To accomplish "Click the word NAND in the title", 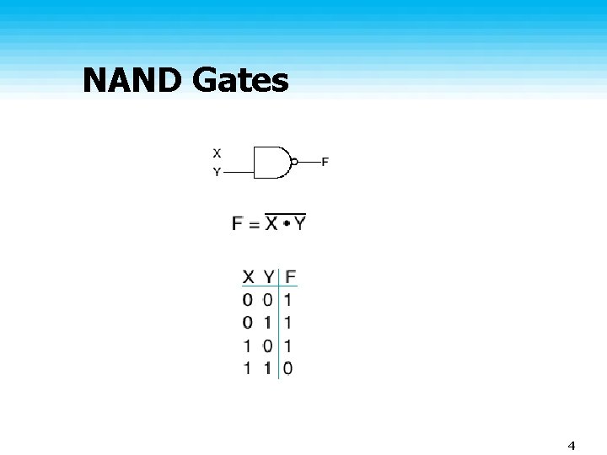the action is pyautogui.click(x=132, y=80).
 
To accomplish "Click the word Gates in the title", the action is pyautogui.click(x=240, y=80).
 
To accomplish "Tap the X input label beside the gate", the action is pyautogui.click(x=217, y=153).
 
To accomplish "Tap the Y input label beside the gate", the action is pyautogui.click(x=217, y=172).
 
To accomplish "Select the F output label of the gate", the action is pyautogui.click(x=325, y=162).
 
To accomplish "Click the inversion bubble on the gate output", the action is pyautogui.click(x=294, y=162).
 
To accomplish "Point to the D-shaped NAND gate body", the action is pyautogui.click(x=272, y=163).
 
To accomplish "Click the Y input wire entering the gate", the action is pyautogui.click(x=239, y=172).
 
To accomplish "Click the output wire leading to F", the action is pyautogui.click(x=309, y=162).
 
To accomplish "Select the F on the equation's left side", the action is pyautogui.click(x=237, y=223).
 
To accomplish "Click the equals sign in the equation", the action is pyautogui.click(x=254, y=225).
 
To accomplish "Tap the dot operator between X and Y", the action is pyautogui.click(x=287, y=223).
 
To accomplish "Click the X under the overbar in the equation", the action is pyautogui.click(x=271, y=223).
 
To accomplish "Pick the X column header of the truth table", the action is pyautogui.click(x=248, y=277).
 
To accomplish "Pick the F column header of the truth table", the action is pyautogui.click(x=290, y=277).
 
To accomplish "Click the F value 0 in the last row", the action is pyautogui.click(x=287, y=368).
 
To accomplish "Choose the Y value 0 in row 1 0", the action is pyautogui.click(x=267, y=346).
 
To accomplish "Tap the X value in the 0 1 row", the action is pyautogui.click(x=247, y=323).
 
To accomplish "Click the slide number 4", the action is pyautogui.click(x=572, y=446).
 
